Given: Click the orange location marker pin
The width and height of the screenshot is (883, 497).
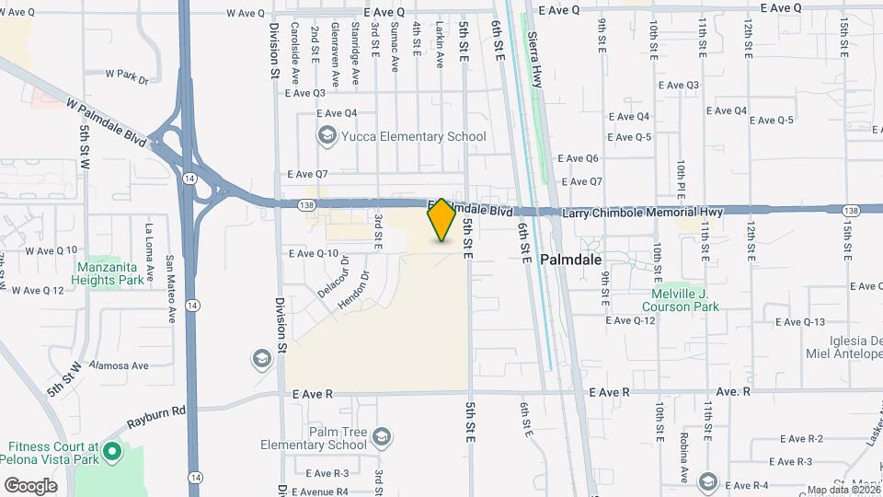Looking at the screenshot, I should click(441, 220).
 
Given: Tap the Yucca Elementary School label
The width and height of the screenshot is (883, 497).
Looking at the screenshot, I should click(413, 137).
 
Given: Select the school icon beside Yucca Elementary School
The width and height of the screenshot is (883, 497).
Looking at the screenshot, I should click(327, 137).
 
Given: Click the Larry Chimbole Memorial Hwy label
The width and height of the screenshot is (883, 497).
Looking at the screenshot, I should click(644, 212).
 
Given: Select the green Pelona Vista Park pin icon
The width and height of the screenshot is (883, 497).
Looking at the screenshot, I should click(112, 451).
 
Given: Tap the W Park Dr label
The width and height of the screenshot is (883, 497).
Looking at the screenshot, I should click(127, 75).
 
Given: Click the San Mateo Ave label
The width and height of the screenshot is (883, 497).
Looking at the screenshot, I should click(170, 289).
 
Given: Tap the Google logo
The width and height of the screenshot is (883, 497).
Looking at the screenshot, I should click(30, 485).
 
